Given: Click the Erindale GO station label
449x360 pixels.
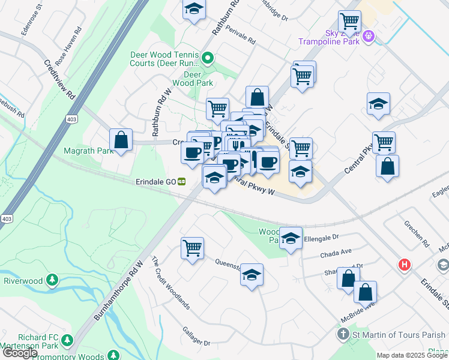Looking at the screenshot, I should click(158, 181).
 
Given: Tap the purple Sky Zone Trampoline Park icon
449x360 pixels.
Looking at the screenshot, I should click(369, 38).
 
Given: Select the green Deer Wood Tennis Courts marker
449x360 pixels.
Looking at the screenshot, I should click(207, 58).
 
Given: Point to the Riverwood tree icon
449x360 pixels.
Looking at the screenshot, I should click(52, 280).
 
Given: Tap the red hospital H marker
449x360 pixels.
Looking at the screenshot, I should click(405, 264).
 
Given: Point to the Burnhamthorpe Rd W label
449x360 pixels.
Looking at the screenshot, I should click(118, 290).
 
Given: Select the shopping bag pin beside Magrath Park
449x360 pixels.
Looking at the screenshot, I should click(121, 140).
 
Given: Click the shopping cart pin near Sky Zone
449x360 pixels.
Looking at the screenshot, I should click(349, 23).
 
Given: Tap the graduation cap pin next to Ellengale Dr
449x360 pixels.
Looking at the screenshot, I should click(291, 240).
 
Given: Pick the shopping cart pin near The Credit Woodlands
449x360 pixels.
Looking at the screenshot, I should click(192, 248).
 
